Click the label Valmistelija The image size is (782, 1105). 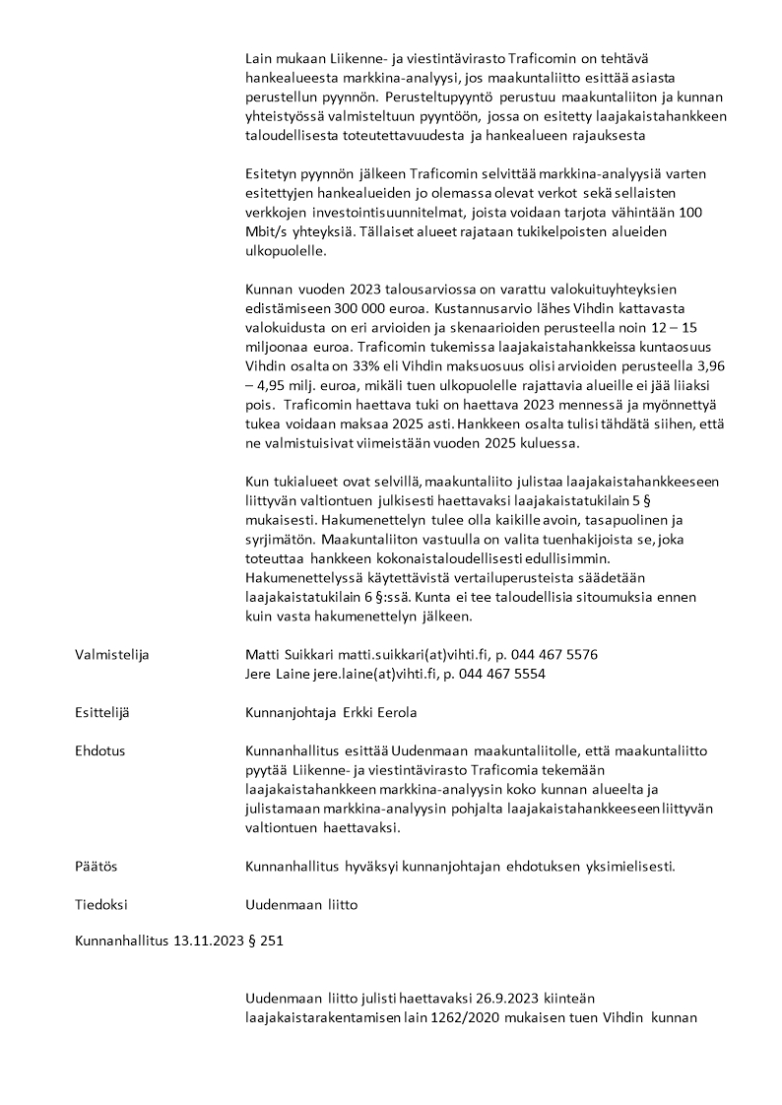(111, 654)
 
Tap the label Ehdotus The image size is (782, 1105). (100, 750)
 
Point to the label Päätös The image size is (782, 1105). (97, 866)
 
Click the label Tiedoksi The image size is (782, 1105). (101, 904)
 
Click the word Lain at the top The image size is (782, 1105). (259, 58)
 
